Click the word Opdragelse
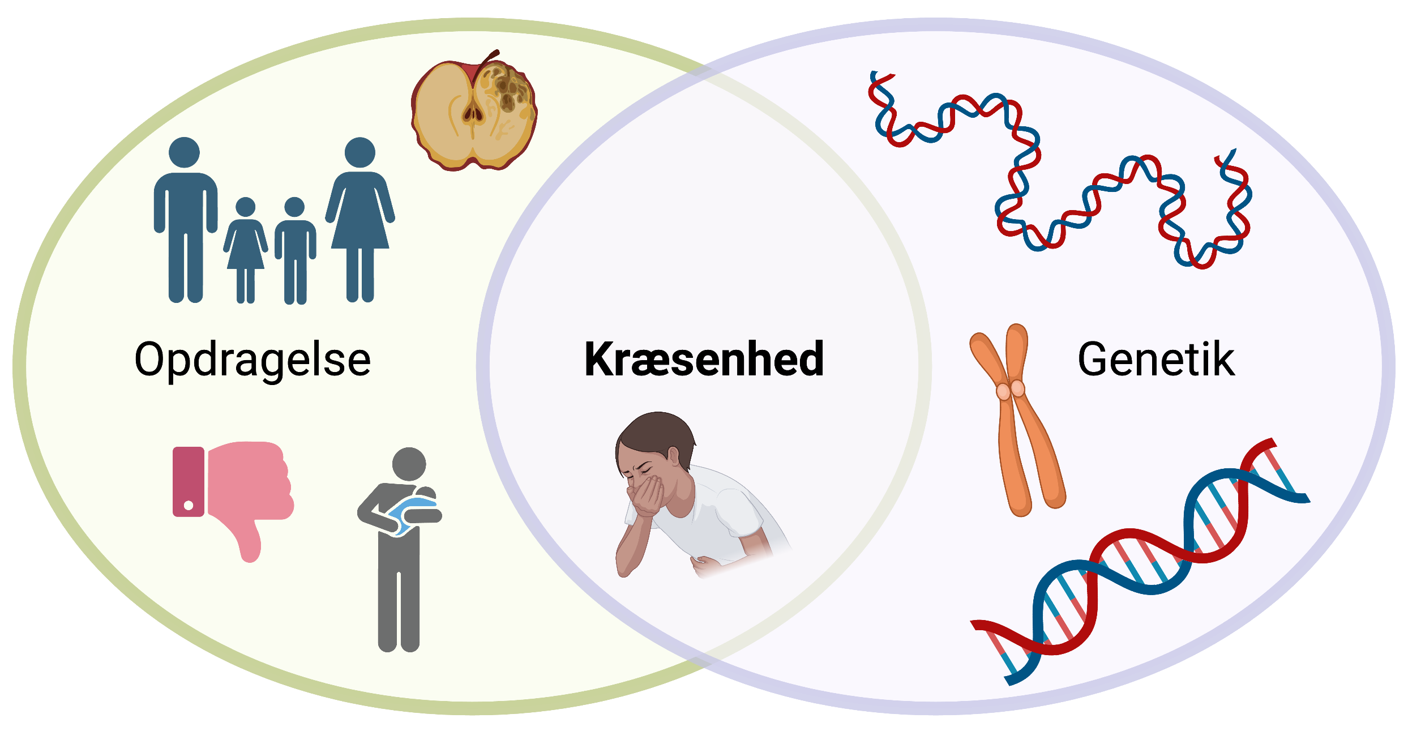point(253,360)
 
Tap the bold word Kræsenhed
point(704,359)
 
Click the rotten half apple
point(474,112)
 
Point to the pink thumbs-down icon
point(233,498)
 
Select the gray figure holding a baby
point(400,549)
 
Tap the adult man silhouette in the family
point(185,220)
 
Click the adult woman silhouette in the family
point(360,220)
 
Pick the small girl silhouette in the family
point(245,250)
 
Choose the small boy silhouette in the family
point(295,251)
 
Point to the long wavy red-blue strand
point(1059,170)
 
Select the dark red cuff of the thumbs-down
point(189,481)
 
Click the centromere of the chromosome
point(1011,390)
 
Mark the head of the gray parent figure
point(409,464)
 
